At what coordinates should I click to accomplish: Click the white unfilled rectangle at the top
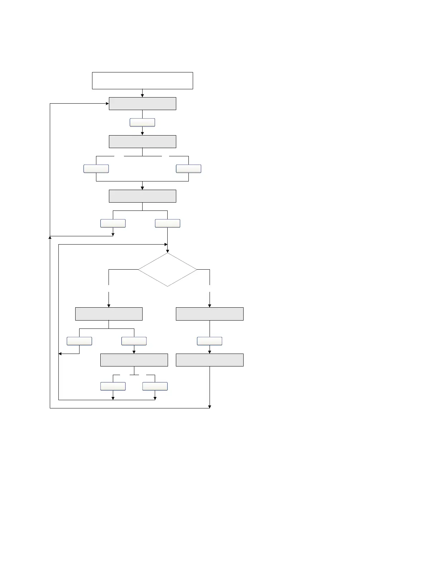pyautogui.click(x=143, y=80)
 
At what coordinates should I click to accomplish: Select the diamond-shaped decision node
pyautogui.click(x=167, y=269)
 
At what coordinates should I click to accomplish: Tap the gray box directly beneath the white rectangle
pyautogui.click(x=143, y=104)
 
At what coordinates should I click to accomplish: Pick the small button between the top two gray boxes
pyautogui.click(x=142, y=123)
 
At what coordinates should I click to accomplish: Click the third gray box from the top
pyautogui.click(x=143, y=196)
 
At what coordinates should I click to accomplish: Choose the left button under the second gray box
pyautogui.click(x=96, y=169)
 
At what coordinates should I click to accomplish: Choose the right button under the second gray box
pyautogui.click(x=188, y=169)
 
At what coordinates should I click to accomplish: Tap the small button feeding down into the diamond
pyautogui.click(x=167, y=223)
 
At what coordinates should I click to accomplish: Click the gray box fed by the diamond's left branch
pyautogui.click(x=109, y=314)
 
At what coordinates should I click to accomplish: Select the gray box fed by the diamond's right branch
pyautogui.click(x=210, y=314)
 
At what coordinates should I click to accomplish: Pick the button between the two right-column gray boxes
pyautogui.click(x=210, y=341)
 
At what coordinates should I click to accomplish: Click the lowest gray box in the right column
pyautogui.click(x=210, y=360)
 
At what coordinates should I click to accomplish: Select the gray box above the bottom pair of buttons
pyautogui.click(x=134, y=360)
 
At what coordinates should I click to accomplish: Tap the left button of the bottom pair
pyautogui.click(x=113, y=386)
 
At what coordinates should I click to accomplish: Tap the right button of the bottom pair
pyautogui.click(x=155, y=386)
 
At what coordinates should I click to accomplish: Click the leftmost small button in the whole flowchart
pyautogui.click(x=79, y=341)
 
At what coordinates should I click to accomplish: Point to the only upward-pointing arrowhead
pyautogui.click(x=50, y=237)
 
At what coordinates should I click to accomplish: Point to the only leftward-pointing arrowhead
pyautogui.click(x=60, y=354)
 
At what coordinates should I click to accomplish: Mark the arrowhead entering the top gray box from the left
pyautogui.click(x=107, y=104)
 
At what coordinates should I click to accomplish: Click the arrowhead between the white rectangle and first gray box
pyautogui.click(x=142, y=95)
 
